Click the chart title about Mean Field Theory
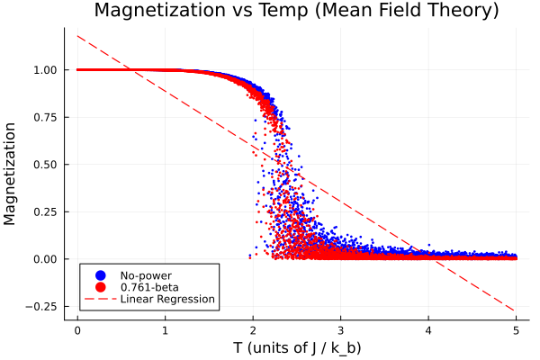[297, 12]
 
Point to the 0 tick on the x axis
[77, 330]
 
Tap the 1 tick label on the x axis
[166, 330]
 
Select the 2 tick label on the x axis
[253, 330]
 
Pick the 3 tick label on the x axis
[341, 330]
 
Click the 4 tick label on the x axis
[429, 330]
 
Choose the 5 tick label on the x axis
[517, 330]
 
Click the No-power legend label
[146, 275]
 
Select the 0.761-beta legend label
[149, 287]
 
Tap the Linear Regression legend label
[167, 299]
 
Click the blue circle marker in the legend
[100, 275]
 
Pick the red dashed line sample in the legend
[100, 299]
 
